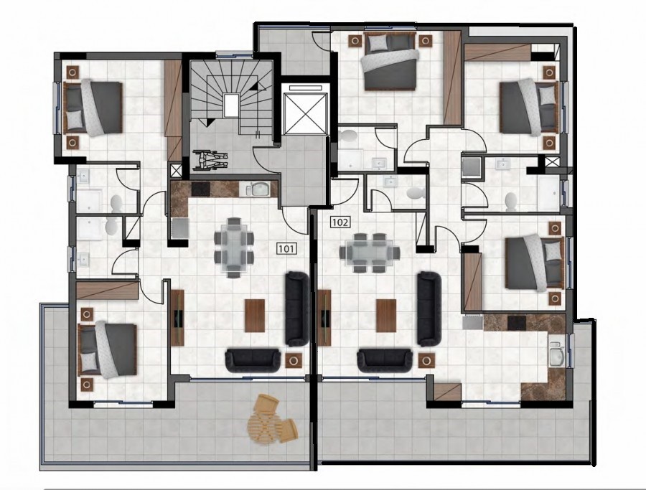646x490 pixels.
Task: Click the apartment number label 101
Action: pyautogui.click(x=286, y=248)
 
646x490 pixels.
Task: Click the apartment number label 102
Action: pyautogui.click(x=340, y=223)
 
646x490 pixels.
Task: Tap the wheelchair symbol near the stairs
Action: pyautogui.click(x=210, y=159)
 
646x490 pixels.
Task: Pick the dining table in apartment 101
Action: pyautogui.click(x=233, y=248)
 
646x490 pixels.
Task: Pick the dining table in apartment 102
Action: pyautogui.click(x=369, y=253)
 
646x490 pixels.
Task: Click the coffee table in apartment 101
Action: pyautogui.click(x=254, y=316)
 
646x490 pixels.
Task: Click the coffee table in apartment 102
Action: pyautogui.click(x=386, y=316)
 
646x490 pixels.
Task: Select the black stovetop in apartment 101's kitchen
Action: pyautogui.click(x=201, y=189)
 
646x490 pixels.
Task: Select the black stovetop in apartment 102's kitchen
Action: pyautogui.click(x=517, y=322)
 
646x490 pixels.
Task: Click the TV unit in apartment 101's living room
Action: pyautogui.click(x=177, y=319)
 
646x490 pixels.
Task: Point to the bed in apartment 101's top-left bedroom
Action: pyautogui.click(x=93, y=108)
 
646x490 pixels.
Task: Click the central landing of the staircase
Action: pyautogui.click(x=231, y=104)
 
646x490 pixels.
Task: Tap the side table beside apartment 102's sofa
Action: pyautogui.click(x=426, y=360)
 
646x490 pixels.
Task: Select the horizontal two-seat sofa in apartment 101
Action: pyautogui.click(x=253, y=360)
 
